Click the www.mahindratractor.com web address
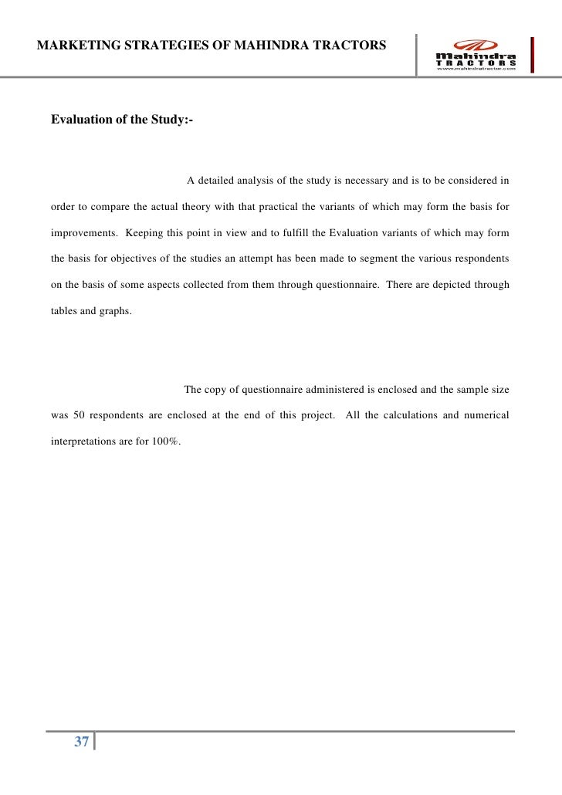pos(477,69)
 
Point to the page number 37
pos(81,743)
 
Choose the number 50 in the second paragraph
pos(79,415)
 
